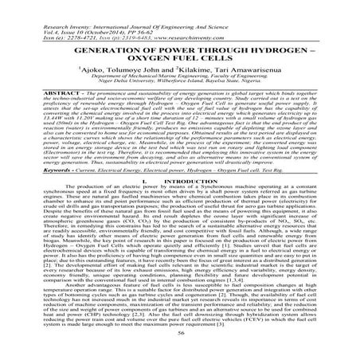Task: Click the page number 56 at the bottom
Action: pos(180,346)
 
